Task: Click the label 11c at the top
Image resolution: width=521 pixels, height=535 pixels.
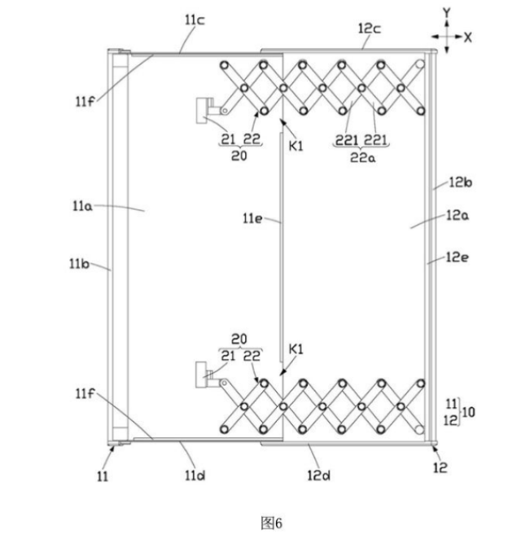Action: pos(195,20)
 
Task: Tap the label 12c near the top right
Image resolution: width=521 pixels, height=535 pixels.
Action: pos(369,29)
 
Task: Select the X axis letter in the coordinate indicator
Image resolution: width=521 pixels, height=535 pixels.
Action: pos(468,37)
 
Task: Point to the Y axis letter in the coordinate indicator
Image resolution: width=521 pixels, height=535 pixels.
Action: pos(446,13)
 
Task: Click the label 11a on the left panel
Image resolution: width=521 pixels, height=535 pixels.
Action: pos(82,206)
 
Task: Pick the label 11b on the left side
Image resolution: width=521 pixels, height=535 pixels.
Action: pos(79,264)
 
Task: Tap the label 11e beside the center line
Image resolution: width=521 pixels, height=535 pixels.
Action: pos(252,218)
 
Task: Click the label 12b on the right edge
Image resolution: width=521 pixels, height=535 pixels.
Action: pos(460,182)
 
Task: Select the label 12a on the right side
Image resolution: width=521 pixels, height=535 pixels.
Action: pos(458,215)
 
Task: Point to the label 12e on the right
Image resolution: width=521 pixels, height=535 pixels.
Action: pos(458,257)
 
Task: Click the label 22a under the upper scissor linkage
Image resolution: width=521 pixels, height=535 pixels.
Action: pos(363,158)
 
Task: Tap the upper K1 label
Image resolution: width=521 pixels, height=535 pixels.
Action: pos(296,146)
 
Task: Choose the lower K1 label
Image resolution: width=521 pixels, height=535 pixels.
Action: pos(296,349)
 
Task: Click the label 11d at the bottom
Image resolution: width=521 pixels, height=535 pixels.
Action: pos(195,476)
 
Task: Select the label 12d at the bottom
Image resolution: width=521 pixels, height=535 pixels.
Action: pos(318,476)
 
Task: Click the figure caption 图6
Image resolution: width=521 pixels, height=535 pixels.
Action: pos(272,523)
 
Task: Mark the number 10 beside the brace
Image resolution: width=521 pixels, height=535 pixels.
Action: pos(468,412)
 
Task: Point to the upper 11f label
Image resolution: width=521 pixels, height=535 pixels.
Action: pos(85,101)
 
